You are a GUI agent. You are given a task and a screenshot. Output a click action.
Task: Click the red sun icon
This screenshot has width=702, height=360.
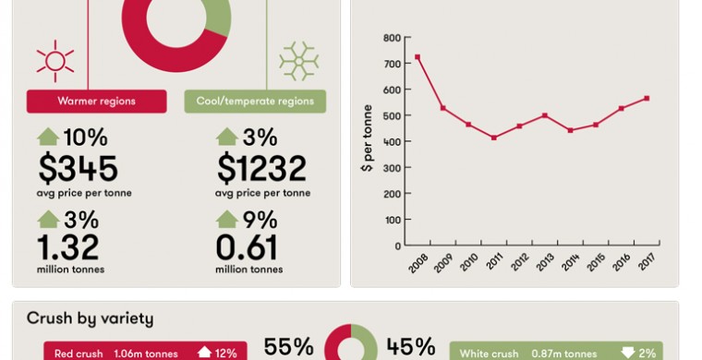[55, 61]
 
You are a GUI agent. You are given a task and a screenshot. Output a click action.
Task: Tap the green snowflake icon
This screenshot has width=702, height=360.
[298, 61]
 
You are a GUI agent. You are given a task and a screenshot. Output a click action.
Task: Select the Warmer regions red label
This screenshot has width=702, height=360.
[97, 101]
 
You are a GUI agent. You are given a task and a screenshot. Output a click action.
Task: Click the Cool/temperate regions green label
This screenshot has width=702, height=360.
[255, 101]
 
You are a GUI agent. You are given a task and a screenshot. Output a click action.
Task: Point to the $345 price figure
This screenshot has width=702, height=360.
[78, 169]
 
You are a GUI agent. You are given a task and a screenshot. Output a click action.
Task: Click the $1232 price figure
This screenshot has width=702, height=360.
[261, 169]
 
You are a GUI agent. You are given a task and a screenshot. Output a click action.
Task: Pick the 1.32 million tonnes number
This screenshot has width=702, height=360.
[68, 247]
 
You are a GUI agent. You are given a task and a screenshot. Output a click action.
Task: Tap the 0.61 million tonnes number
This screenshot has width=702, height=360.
[247, 247]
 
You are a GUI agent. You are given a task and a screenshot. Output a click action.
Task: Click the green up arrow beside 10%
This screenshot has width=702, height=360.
[48, 137]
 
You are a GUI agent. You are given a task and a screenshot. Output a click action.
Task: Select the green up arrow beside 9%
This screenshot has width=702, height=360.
[227, 219]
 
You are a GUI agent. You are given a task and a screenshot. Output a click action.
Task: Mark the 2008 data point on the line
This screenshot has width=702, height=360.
[418, 57]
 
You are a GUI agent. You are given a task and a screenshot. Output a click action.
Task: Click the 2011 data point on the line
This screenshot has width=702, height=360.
[494, 138]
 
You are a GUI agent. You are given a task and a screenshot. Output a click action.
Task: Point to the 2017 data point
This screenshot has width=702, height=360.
[647, 99]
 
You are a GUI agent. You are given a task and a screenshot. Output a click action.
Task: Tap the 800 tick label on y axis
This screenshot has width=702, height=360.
[392, 38]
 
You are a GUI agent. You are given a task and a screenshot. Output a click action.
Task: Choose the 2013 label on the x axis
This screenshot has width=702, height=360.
[546, 262]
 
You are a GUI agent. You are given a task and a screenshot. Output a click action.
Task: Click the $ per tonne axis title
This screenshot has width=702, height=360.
[367, 138]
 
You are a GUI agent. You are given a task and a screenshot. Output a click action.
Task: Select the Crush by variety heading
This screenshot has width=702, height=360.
[90, 318]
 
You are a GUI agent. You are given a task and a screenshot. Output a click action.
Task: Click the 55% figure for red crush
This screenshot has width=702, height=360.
[288, 347]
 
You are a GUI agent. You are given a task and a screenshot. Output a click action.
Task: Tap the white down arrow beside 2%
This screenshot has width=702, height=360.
[628, 353]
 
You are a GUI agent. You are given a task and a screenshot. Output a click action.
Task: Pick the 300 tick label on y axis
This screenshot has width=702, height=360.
[392, 168]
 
